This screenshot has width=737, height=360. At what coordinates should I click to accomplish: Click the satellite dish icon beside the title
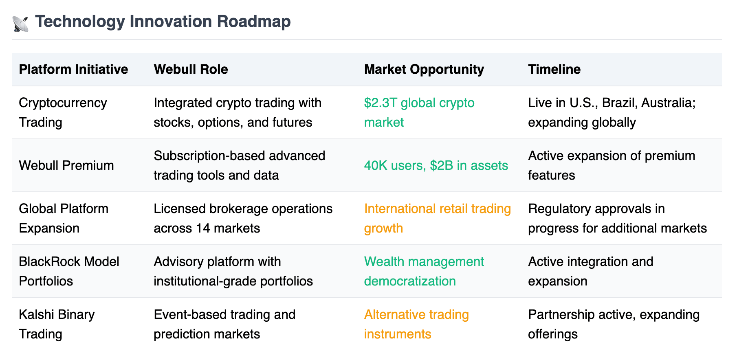coord(20,24)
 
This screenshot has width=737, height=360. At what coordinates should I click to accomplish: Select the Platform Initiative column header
coord(73,69)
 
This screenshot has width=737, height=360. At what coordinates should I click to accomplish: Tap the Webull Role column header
coord(191,69)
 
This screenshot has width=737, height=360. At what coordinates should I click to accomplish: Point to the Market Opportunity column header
coord(424,70)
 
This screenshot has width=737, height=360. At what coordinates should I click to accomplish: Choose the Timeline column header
coord(554,69)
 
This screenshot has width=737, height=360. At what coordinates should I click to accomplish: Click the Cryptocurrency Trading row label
coord(63,112)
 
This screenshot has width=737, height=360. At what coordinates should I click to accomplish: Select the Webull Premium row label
coord(66,165)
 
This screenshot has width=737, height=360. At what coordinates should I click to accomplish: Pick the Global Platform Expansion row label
coord(64,218)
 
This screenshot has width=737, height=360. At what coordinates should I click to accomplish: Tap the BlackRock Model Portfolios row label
coord(69,271)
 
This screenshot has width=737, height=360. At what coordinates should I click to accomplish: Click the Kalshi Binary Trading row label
coord(57,324)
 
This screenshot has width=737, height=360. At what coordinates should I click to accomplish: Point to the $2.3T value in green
coord(381,103)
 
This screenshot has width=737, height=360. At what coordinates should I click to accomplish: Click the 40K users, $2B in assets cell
coord(436,165)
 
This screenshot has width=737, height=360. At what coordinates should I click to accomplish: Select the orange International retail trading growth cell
coord(438,218)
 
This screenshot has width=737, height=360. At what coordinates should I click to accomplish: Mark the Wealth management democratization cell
coord(424,271)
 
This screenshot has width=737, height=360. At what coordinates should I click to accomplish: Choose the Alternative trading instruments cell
coord(416,324)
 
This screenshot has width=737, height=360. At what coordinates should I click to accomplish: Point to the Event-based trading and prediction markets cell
coord(224,324)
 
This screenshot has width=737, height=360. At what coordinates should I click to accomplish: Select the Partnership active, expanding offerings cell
coord(614,324)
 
